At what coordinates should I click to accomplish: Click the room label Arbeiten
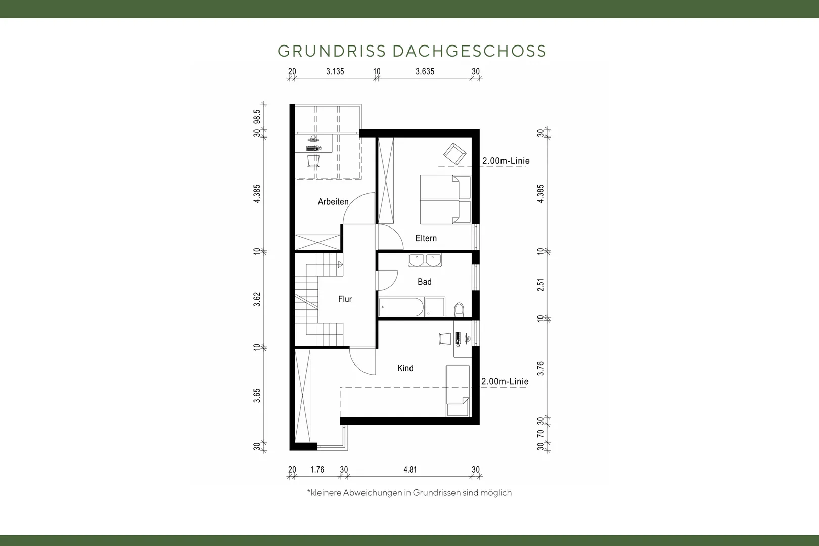[x=333, y=202]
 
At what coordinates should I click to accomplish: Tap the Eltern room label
[x=426, y=238]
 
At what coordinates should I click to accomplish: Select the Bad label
[x=425, y=282]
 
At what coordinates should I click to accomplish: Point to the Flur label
[x=345, y=299]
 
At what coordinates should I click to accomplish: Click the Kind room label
[x=405, y=368]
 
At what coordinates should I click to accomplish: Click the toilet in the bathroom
[x=459, y=310]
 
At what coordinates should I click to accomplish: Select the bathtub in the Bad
[x=401, y=307]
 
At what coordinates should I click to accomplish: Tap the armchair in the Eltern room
[x=454, y=154]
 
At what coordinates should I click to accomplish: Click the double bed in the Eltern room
[x=445, y=199]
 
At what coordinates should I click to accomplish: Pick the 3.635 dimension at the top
[x=425, y=71]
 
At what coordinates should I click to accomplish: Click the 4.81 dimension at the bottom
[x=410, y=469]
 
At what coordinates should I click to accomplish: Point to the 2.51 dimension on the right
[x=541, y=285]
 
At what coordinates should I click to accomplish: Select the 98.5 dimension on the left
[x=257, y=117]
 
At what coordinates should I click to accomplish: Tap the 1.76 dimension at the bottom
[x=317, y=469]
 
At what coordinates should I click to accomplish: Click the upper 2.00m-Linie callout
[x=506, y=161]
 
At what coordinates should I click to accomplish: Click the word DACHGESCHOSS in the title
[x=470, y=51]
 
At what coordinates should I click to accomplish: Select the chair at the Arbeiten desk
[x=313, y=161]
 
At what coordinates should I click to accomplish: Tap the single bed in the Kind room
[x=458, y=391]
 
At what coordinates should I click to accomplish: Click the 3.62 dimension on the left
[x=257, y=299]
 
